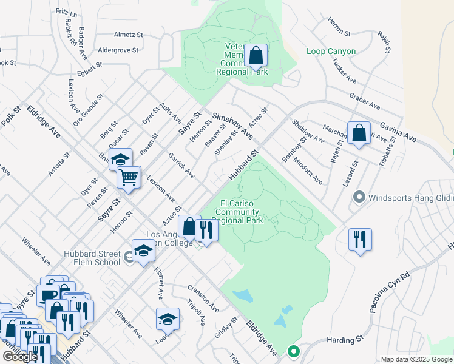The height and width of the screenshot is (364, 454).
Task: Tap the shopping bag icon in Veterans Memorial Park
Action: coord(257,55)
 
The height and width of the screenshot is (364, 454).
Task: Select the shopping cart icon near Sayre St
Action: coord(129,177)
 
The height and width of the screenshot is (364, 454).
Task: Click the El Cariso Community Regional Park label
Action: coord(241,212)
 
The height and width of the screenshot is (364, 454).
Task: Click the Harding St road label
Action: coord(344,340)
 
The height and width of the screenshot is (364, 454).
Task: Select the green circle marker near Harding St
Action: coord(293,351)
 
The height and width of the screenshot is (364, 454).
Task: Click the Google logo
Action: coord(20,357)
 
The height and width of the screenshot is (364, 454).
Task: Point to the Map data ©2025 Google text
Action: coord(416,359)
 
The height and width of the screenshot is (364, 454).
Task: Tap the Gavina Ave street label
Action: coord(398,131)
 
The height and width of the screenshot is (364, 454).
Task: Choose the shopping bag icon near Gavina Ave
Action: coord(359,133)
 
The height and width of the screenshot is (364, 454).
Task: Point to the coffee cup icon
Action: coord(48,295)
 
